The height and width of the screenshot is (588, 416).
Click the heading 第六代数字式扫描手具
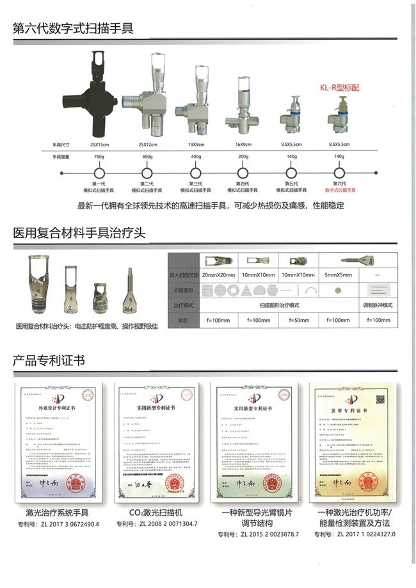click(x=73, y=28)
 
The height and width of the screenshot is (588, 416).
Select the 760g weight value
click(x=99, y=157)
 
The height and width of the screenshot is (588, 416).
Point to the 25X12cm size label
click(x=148, y=145)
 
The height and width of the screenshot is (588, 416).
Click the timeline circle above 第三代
click(x=193, y=173)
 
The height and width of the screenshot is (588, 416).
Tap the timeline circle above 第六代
click(x=339, y=173)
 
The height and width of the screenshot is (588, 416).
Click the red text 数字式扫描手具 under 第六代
click(x=339, y=190)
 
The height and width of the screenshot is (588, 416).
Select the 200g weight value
click(x=243, y=157)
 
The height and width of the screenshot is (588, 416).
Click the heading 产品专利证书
click(x=48, y=362)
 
